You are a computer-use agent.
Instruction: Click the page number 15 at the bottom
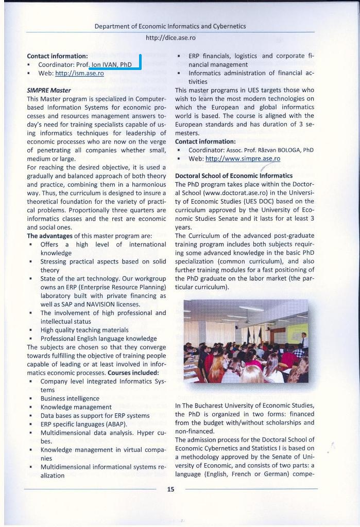(x=170, y=489)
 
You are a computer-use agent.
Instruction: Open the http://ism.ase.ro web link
(x=79, y=74)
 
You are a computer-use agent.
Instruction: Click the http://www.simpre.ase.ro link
(x=243, y=159)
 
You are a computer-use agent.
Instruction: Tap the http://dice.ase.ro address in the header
(x=170, y=38)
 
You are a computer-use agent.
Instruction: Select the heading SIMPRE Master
(x=49, y=90)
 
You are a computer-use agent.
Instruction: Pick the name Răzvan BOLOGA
(x=282, y=150)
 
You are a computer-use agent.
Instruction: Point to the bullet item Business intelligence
(x=70, y=398)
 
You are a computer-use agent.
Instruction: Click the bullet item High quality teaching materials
(x=84, y=330)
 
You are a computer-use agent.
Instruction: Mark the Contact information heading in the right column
(x=205, y=141)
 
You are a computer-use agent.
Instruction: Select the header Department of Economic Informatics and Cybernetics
(x=170, y=26)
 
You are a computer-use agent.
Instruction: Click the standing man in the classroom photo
(x=304, y=342)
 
